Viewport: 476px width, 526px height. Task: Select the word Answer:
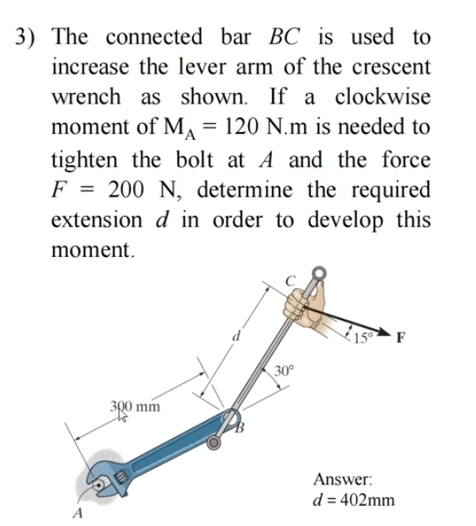tap(343, 478)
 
